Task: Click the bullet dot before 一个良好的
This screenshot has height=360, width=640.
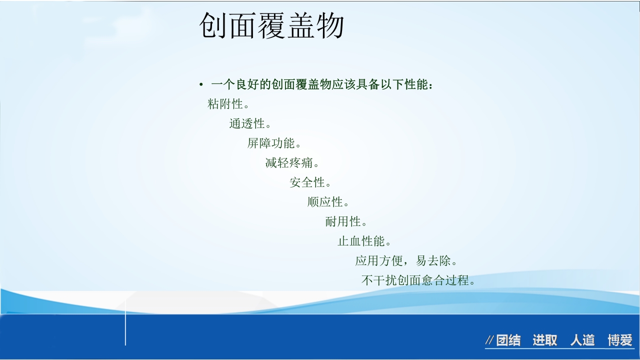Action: tap(201, 85)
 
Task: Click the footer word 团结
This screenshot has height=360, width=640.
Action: tap(508, 340)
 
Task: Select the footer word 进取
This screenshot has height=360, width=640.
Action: tap(544, 340)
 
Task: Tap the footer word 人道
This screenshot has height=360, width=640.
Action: tap(582, 340)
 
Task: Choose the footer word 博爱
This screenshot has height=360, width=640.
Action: tap(620, 340)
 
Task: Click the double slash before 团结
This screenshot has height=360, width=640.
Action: tap(490, 340)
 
